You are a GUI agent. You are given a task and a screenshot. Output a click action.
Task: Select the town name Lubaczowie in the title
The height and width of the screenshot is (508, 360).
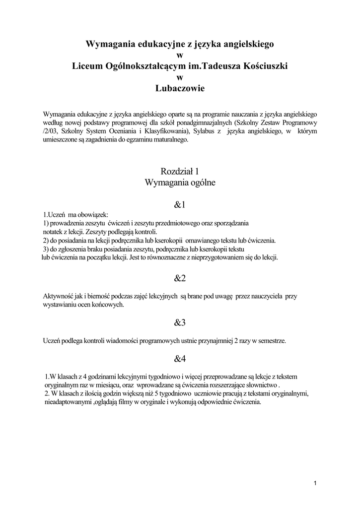tap(180, 89)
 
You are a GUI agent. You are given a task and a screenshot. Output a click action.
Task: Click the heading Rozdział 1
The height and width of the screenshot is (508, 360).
tap(180, 172)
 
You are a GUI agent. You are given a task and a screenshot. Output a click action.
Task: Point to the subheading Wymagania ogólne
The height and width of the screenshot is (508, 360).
tap(180, 183)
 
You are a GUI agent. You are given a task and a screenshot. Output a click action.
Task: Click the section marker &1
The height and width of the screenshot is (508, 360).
tap(180, 204)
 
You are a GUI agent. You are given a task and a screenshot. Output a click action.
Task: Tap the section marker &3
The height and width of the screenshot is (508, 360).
tap(180, 322)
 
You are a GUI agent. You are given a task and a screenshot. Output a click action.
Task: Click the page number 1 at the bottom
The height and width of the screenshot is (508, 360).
tap(316, 483)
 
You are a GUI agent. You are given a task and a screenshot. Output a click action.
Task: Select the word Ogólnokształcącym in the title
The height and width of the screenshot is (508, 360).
tap(149, 66)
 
